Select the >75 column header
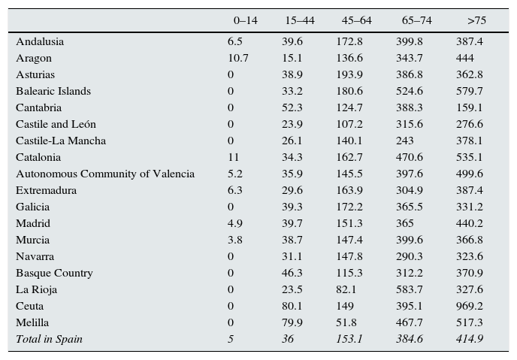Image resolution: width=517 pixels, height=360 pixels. coord(476,20)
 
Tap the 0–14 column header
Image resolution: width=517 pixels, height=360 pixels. coord(245,20)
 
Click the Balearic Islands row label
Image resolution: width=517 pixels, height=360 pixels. coord(53,91)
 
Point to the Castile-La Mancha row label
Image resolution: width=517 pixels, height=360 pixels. coord(61,141)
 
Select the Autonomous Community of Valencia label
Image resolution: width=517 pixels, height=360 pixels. coord(105,174)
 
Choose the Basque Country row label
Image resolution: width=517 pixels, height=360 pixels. coord(54,273)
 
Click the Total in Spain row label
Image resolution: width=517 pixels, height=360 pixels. coord(49,339)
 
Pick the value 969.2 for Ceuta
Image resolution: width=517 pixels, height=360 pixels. coord(469,306)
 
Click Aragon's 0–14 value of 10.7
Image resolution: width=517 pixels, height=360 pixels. coord(238,58)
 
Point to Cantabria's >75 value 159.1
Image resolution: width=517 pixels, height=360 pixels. coord(469,107)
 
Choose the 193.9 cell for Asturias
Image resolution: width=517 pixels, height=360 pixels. coord(349,74)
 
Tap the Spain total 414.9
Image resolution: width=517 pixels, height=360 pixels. coord(469,339)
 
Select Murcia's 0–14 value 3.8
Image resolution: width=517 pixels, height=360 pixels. coord(235,240)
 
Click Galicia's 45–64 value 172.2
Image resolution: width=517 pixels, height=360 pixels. coord(349,207)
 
